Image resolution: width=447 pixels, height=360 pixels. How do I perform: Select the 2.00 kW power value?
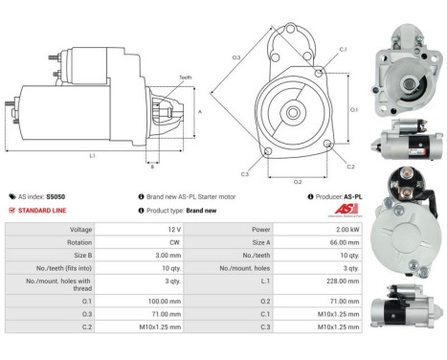coord(346,231)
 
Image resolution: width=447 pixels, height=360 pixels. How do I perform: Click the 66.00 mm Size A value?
coord(346,244)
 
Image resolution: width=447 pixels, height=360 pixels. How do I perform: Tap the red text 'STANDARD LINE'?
coord(47,210)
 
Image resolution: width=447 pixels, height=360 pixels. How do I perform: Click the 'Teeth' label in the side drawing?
coord(184,78)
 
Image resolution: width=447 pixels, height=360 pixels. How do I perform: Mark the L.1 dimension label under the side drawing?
coord(92,156)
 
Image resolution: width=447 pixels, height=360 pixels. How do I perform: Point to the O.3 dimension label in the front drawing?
coord(235,58)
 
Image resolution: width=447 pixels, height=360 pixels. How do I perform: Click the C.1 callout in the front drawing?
coord(343,48)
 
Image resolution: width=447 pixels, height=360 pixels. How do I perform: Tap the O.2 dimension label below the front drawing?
coord(297,180)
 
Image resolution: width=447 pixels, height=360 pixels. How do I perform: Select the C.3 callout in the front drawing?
coord(245,174)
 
